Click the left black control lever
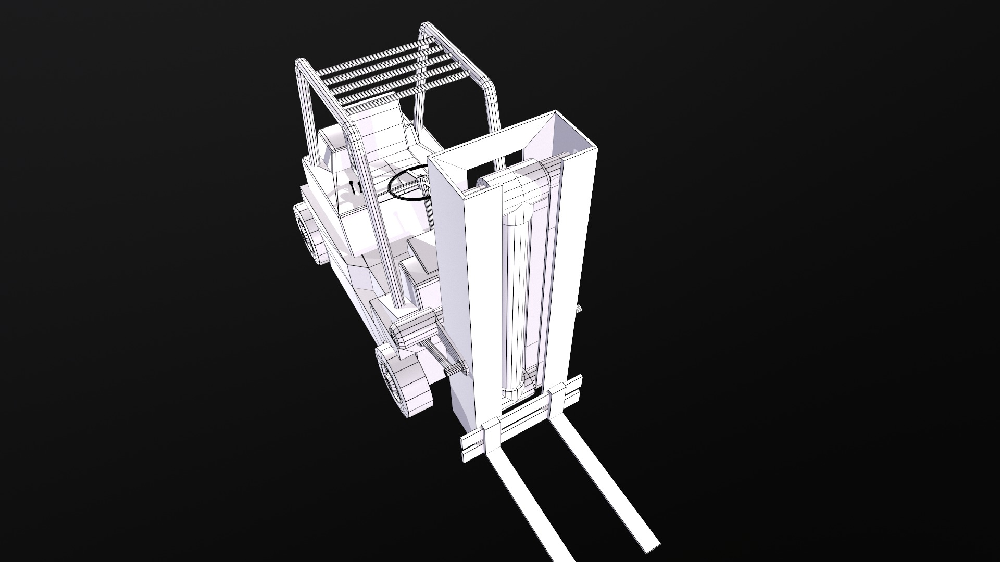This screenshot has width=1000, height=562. [x=351, y=187]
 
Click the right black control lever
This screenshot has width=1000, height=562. [x=357, y=187]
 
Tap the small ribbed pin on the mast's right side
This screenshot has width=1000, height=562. [x=579, y=310]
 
